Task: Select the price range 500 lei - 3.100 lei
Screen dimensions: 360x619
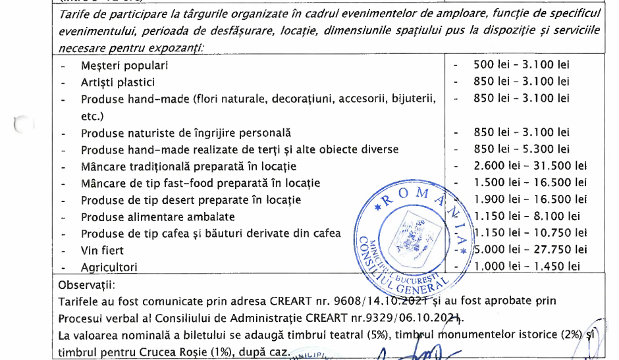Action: [x=522, y=64]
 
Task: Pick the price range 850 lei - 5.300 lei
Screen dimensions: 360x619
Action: [x=522, y=149]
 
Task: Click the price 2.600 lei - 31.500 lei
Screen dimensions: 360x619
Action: [x=530, y=166]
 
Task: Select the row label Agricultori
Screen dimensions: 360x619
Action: [x=109, y=267]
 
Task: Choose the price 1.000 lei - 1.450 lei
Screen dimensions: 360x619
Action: [x=527, y=266]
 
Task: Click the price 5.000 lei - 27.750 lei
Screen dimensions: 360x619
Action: [x=530, y=249]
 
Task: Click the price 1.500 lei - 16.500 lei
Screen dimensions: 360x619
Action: [x=530, y=182]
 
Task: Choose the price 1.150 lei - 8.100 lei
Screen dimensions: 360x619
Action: [x=527, y=215]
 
